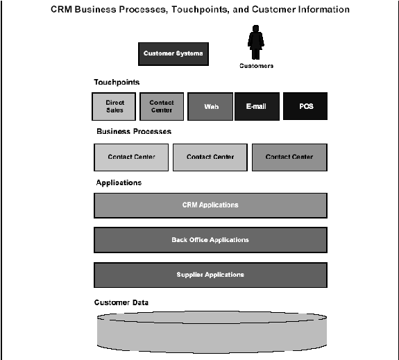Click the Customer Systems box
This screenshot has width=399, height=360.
[x=173, y=54]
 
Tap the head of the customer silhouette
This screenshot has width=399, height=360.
[x=256, y=28]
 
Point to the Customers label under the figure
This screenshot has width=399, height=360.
[x=256, y=66]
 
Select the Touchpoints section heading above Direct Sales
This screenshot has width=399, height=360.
[x=117, y=82]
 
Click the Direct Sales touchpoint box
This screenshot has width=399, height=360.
[x=114, y=106]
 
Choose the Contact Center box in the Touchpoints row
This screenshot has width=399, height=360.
[x=162, y=106]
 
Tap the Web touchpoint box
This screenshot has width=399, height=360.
[x=210, y=106]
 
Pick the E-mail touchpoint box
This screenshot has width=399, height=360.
[x=257, y=106]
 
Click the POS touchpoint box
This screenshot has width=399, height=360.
[x=305, y=106]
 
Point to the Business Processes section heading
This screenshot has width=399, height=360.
[x=134, y=132]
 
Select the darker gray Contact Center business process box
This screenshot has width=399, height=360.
[x=289, y=157]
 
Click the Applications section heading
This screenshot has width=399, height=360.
[x=119, y=182]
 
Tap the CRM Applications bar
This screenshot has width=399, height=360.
[x=210, y=205]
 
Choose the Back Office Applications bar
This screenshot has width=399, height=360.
[x=210, y=240]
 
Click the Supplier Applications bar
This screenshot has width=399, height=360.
[x=210, y=275]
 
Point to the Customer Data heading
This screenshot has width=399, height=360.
[x=121, y=302]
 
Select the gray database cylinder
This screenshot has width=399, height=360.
[x=212, y=332]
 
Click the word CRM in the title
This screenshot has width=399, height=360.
[x=61, y=10]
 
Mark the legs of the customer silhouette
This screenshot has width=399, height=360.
[x=255, y=54]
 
